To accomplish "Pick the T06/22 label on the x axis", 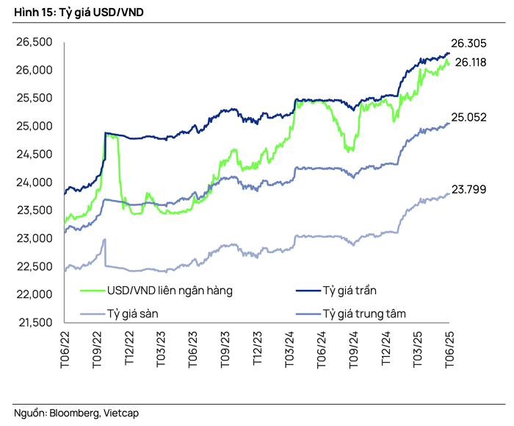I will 65,349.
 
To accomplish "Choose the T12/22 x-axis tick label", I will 128,349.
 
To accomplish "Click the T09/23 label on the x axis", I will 225,349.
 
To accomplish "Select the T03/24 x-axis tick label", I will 289,349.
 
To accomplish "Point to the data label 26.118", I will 471,63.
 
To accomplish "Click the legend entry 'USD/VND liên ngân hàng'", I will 170,290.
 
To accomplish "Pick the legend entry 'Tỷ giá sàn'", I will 133,313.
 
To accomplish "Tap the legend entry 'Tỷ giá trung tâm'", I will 364,313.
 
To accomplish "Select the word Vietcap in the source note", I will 121,413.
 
